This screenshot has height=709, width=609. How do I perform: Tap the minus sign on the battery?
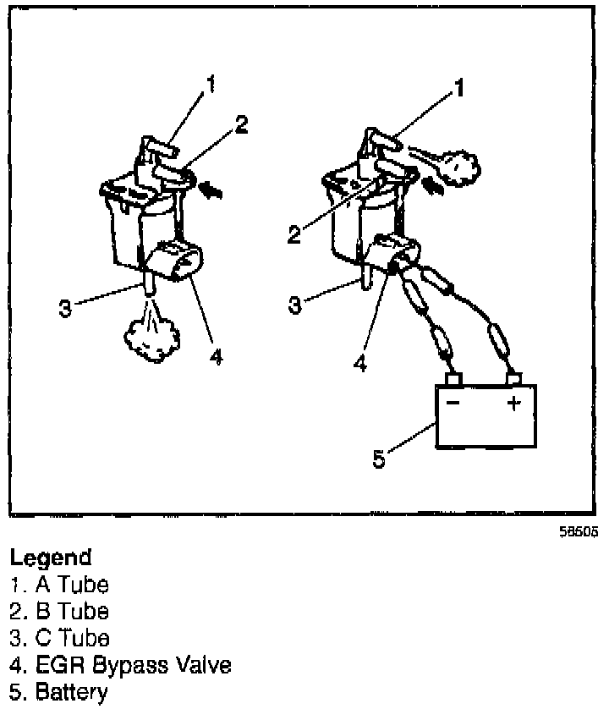point(453,404)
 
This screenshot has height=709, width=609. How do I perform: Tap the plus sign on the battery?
point(513,404)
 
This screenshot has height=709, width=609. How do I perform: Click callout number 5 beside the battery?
point(380,459)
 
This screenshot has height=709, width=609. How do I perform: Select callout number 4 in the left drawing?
point(216,357)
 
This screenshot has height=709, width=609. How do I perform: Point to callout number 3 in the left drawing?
point(65,307)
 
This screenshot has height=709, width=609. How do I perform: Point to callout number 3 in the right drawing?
point(295,304)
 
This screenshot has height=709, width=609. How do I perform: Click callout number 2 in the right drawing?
point(294,234)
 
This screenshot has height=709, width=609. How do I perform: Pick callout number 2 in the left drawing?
point(242,125)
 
